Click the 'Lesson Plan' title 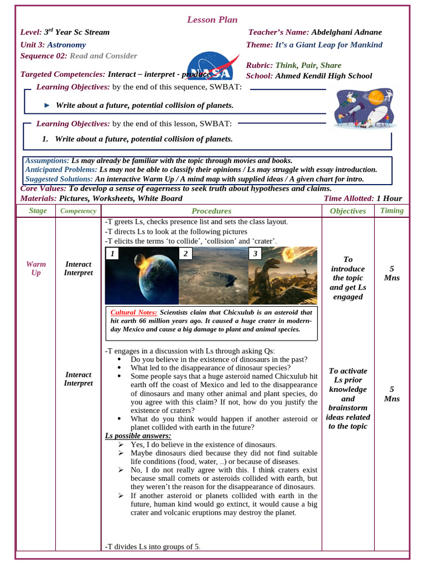pos(212,20)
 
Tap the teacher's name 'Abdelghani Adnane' pos(346,32)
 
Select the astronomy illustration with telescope pos(364,108)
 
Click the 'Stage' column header pos(38,211)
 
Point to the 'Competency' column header pos(78,211)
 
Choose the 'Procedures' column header pos(211,211)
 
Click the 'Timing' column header pos(392,211)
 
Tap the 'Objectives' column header pos(348,211)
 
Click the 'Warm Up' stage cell pos(36,268)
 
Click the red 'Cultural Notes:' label pos(134,312)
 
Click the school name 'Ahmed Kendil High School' pos(323,76)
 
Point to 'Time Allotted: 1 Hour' pos(362,198)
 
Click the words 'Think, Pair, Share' pos(308,65)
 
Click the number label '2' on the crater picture pos(185,254)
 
